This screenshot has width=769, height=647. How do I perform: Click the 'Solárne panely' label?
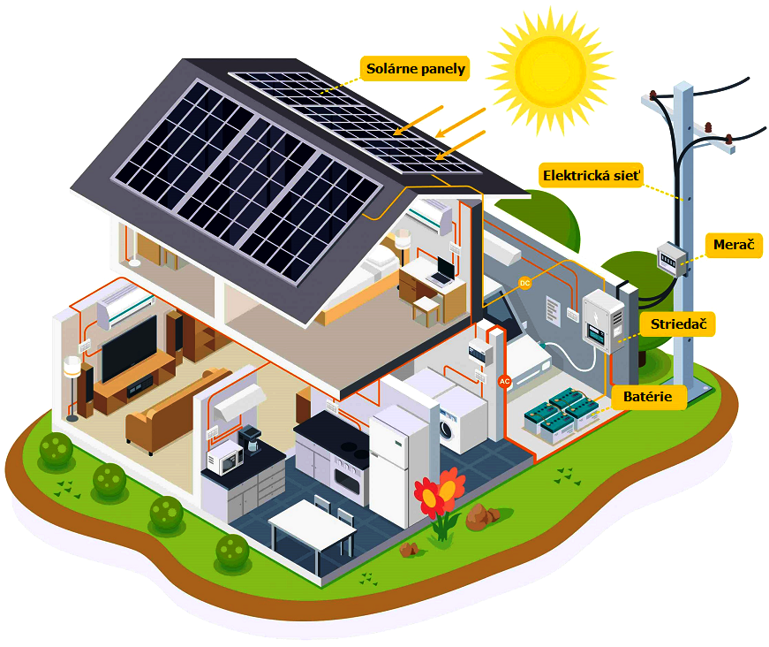click(x=415, y=69)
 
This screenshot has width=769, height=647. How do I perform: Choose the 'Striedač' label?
click(x=675, y=323)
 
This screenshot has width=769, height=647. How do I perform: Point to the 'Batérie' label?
click(x=653, y=397)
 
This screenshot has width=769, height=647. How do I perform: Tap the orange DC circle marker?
click(x=524, y=283)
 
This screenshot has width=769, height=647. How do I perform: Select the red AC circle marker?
click(x=505, y=381)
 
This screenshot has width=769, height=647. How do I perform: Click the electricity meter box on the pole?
click(x=671, y=258)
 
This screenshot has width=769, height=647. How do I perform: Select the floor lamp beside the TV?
click(x=71, y=380)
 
